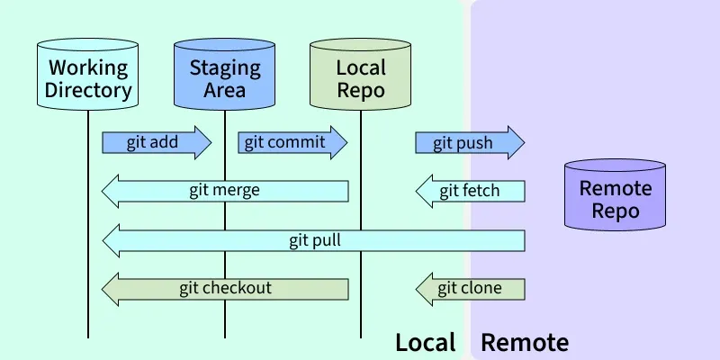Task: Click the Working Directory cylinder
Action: (x=88, y=77)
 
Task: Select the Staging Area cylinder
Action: (x=224, y=77)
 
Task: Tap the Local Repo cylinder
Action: (x=360, y=77)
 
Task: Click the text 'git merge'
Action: (x=224, y=190)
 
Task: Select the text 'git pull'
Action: (x=314, y=240)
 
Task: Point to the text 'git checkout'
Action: (x=225, y=289)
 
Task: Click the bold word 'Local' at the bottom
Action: (x=426, y=342)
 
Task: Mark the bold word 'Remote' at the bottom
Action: (x=525, y=342)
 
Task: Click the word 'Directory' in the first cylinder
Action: (x=88, y=90)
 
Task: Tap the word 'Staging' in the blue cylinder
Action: (x=224, y=67)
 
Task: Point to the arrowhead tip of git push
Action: (x=523, y=142)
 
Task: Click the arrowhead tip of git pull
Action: (x=103, y=240)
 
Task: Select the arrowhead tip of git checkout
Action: (x=103, y=289)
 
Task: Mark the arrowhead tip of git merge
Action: (x=103, y=191)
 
